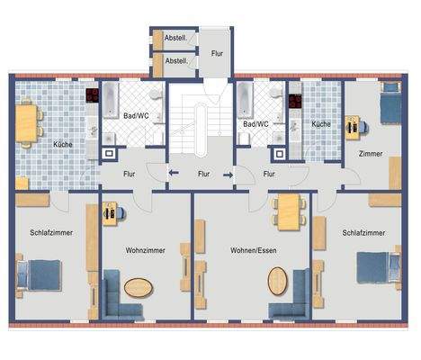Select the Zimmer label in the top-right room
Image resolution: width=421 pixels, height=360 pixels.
(371, 154)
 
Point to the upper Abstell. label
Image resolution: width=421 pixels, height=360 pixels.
(177, 39)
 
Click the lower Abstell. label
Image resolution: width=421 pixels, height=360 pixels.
(177, 61)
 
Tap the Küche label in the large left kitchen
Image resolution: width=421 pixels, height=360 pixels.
(62, 144)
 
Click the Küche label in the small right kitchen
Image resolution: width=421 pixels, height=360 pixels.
(321, 124)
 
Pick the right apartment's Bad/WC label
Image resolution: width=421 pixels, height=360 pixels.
(259, 124)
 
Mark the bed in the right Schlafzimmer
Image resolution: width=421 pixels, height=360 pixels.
(376, 267)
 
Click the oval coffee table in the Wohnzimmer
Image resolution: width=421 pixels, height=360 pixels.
(139, 290)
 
